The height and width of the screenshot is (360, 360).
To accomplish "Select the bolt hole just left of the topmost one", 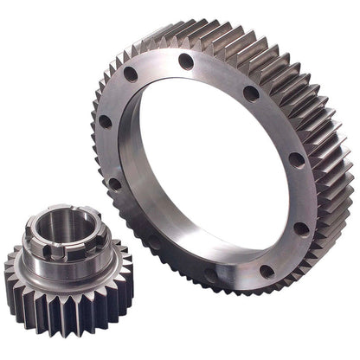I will tap(132, 74).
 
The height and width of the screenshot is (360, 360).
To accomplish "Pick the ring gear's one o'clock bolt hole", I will tap(251, 93).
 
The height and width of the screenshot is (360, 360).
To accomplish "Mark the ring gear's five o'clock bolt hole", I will tap(267, 271).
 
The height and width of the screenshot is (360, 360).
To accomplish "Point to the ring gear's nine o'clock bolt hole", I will tap(106, 121).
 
